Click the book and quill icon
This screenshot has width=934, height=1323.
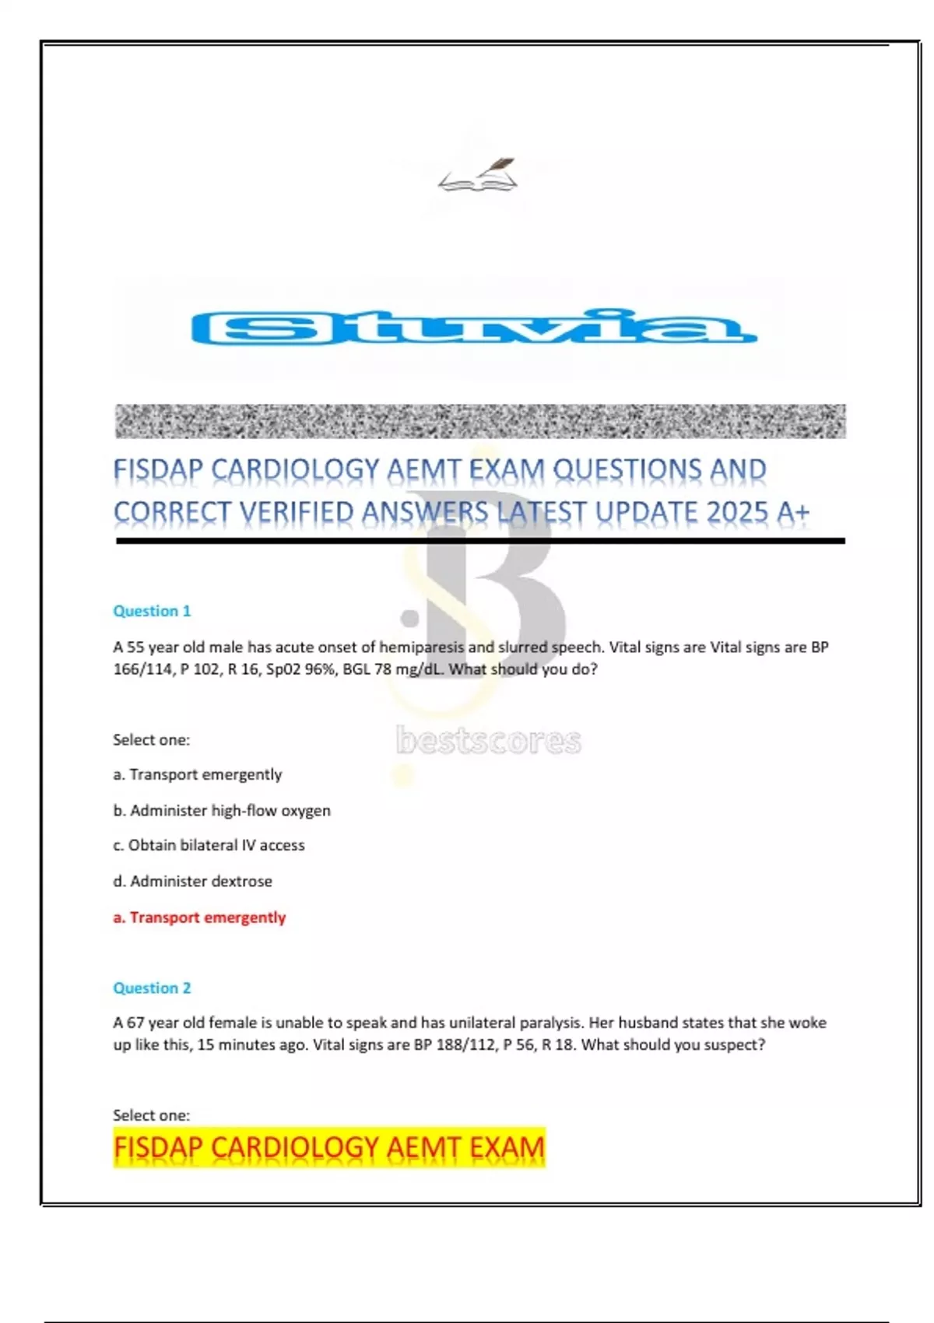(478, 176)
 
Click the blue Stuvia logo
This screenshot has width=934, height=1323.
(473, 328)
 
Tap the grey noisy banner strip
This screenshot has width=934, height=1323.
(479, 421)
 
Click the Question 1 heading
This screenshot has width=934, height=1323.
(152, 611)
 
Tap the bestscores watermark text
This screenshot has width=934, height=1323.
(488, 741)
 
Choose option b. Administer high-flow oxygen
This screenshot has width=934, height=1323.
(222, 810)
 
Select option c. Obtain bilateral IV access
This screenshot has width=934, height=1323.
(209, 845)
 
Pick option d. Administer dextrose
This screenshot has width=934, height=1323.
(192, 881)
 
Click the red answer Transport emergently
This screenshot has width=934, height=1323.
(199, 918)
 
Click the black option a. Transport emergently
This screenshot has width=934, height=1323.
(197, 774)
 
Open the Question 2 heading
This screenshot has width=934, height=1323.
(152, 988)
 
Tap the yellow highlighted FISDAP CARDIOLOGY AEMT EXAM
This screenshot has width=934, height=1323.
(328, 1148)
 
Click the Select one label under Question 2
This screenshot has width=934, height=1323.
(151, 1115)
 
